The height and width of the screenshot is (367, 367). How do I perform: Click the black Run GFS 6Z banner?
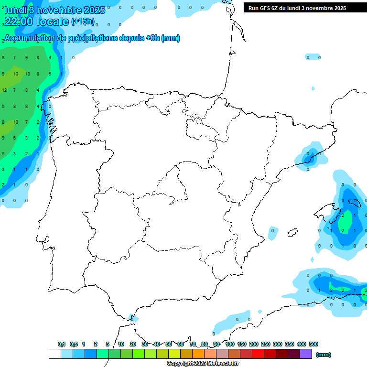pyautogui.click(x=297, y=8)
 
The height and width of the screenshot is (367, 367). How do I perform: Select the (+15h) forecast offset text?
pyautogui.click(x=83, y=22)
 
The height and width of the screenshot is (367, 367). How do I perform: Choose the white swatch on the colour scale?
pyautogui.click(x=54, y=354)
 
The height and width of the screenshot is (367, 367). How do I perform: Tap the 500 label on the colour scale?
pyautogui.click(x=313, y=344)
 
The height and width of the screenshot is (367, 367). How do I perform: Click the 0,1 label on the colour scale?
pyautogui.click(x=62, y=344)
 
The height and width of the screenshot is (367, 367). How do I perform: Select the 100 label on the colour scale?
pyautogui.click(x=230, y=344)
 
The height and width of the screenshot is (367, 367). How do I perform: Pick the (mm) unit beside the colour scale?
pyautogui.click(x=324, y=355)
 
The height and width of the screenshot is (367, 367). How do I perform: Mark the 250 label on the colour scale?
pyautogui.click(x=266, y=344)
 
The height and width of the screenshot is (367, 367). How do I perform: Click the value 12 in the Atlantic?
pyautogui.click(x=4, y=90)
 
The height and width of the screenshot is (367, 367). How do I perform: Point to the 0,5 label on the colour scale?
pyautogui.click(x=74, y=344)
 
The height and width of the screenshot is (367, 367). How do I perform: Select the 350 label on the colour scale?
pyautogui.click(x=290, y=344)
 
